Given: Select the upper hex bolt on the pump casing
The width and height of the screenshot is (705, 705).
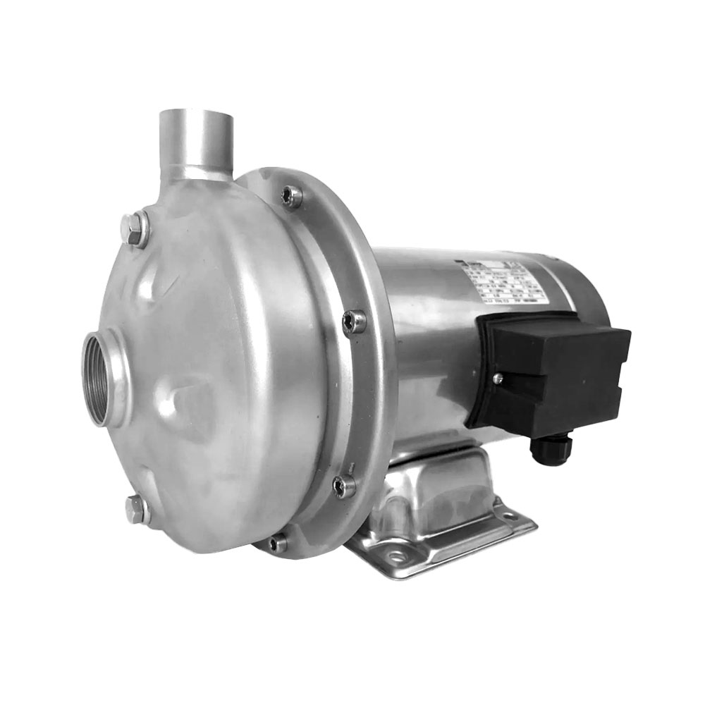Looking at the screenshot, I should (135, 229).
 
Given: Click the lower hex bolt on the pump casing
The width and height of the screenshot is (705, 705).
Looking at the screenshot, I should (137, 509).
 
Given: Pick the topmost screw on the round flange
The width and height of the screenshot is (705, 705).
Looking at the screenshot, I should (291, 195).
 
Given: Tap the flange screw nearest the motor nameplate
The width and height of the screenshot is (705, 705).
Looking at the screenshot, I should (355, 321).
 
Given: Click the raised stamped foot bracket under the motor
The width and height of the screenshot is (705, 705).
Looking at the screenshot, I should (444, 486).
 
